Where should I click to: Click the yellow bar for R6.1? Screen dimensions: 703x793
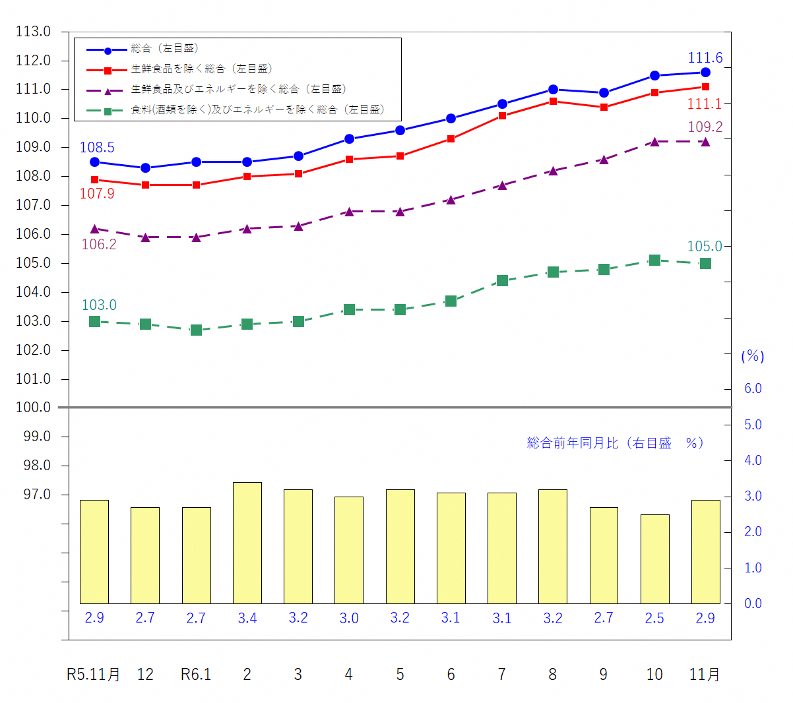[x=196, y=555]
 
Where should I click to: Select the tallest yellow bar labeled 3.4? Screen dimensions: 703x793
[x=247, y=543]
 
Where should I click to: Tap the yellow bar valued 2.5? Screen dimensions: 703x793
[x=654, y=559]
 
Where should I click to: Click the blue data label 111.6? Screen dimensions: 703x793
[x=705, y=58]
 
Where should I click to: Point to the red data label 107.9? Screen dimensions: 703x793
[x=97, y=194]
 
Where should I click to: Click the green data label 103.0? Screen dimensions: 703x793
[x=99, y=305]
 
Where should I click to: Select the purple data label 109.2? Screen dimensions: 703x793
[x=705, y=127]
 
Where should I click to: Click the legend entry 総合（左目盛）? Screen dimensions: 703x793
[x=164, y=49]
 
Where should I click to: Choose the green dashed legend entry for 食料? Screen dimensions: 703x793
[x=257, y=110]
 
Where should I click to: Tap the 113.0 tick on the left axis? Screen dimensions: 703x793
[x=34, y=32]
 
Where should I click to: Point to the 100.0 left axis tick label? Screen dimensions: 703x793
[x=34, y=408]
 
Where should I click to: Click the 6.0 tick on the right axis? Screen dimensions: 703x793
[x=753, y=389]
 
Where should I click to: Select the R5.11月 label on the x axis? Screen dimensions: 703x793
[x=94, y=675]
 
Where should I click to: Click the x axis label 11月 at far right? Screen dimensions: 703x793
[x=705, y=675]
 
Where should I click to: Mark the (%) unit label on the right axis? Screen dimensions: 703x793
[x=753, y=357]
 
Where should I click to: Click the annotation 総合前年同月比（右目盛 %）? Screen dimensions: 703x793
[x=615, y=443]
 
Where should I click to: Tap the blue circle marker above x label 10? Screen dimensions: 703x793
[x=654, y=76]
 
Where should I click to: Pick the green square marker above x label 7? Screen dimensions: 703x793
[x=502, y=281]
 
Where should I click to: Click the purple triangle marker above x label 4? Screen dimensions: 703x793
[x=349, y=212]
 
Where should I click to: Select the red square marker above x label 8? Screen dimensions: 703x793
[x=553, y=102]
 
